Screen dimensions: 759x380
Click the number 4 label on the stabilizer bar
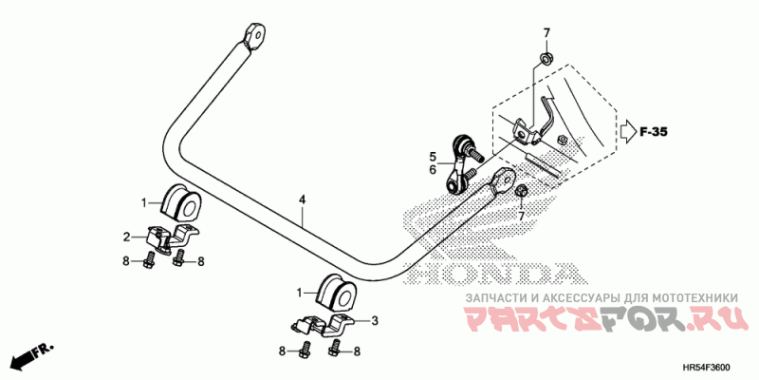(x=302, y=200)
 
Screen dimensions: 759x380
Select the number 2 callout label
(x=126, y=237)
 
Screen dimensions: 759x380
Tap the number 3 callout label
(x=374, y=321)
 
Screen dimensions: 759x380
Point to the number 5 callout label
(x=431, y=156)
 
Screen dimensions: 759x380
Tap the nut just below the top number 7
(x=546, y=60)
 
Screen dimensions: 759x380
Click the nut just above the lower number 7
(x=521, y=194)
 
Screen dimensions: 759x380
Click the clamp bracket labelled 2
(x=171, y=239)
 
